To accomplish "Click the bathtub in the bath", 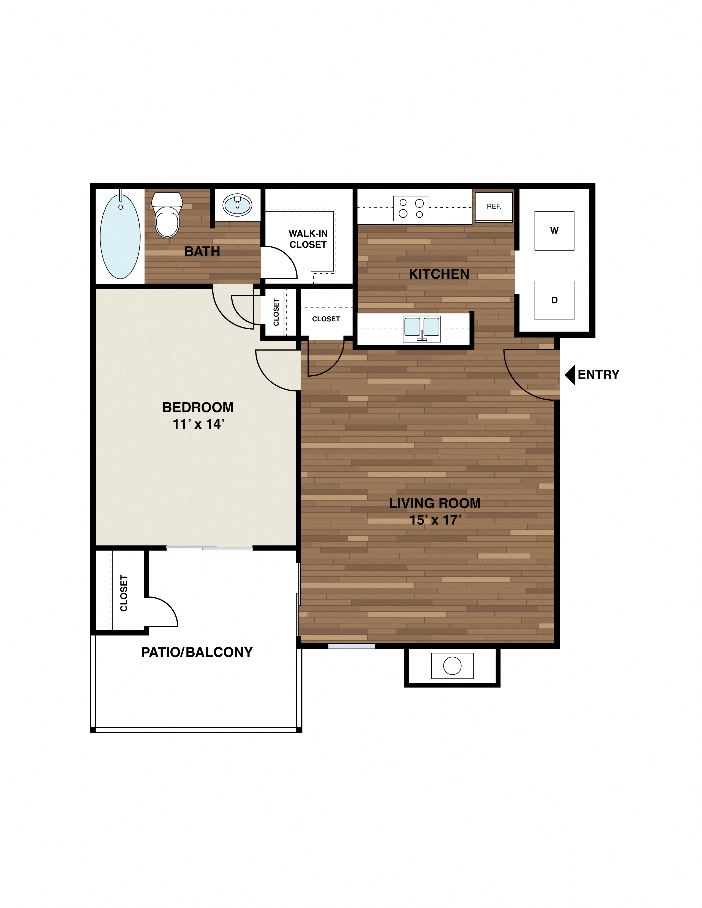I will pyautogui.click(x=120, y=237).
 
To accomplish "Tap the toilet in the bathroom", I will pyautogui.click(x=167, y=216).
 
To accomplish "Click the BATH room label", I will pyautogui.click(x=202, y=251).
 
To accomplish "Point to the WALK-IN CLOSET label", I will pyautogui.click(x=308, y=239).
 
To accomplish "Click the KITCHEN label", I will pyautogui.click(x=439, y=274).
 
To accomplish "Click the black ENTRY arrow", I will pyautogui.click(x=570, y=374).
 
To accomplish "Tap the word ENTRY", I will pyautogui.click(x=598, y=374).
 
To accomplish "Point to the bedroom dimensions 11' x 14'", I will pyautogui.click(x=198, y=424).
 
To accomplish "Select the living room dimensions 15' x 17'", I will pyautogui.click(x=435, y=520).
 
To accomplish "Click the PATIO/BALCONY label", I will pyautogui.click(x=197, y=652).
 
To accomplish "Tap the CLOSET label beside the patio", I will pyautogui.click(x=124, y=593).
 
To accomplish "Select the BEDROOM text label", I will pyautogui.click(x=198, y=407).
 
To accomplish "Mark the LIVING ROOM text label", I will pyautogui.click(x=435, y=504).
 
